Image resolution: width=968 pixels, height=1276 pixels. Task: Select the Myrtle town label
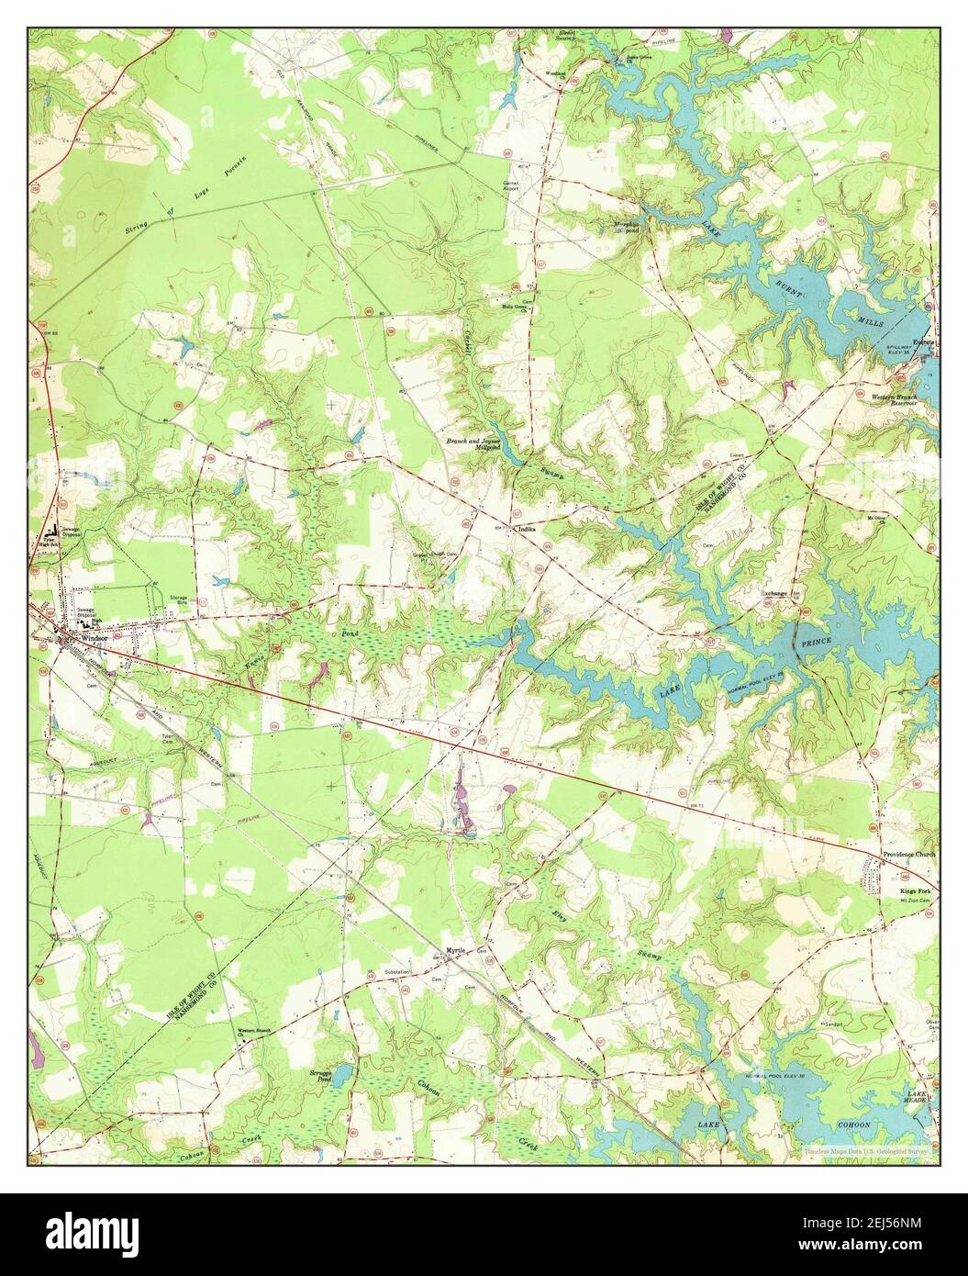[455, 951]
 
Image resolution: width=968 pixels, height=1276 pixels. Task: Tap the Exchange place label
[774, 593]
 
